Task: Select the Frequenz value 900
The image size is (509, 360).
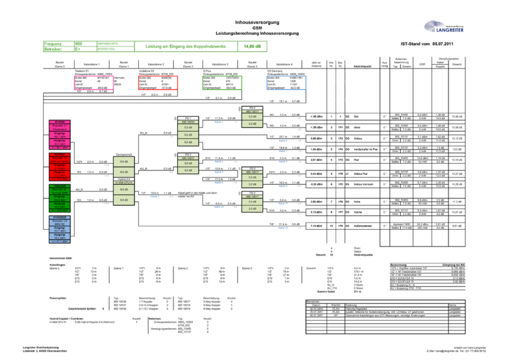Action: pos(78,44)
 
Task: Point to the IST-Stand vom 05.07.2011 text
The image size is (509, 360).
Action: pos(430,44)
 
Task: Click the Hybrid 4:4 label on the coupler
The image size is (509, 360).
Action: pos(124,179)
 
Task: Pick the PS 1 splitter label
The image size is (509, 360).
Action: pos(188,118)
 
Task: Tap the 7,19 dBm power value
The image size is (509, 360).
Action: pos(318,226)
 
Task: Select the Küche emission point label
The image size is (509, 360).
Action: pos(357,212)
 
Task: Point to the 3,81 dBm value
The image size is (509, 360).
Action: pos(318,160)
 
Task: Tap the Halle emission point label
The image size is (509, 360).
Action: pos(357,202)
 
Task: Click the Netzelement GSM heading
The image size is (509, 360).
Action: pos(52,257)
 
